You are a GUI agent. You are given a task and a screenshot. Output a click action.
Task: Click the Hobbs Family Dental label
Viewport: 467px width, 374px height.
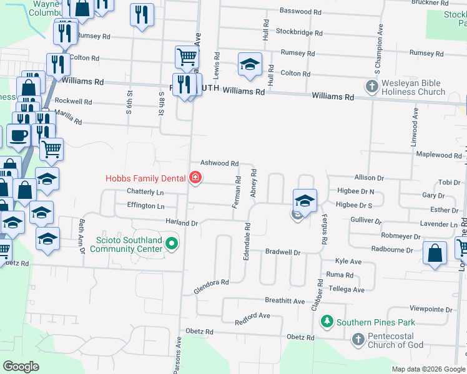[x=145, y=178]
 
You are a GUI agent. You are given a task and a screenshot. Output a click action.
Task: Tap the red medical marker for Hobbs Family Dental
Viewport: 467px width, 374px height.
[x=195, y=178]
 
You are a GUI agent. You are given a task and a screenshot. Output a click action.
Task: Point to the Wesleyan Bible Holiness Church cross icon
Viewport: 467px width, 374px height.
[x=371, y=86]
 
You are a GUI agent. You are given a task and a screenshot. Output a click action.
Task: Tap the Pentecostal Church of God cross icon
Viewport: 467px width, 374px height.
[x=358, y=340]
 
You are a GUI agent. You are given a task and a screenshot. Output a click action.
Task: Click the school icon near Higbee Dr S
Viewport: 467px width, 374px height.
[x=305, y=200]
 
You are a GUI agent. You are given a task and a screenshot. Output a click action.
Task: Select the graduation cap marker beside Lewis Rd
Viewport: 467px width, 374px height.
[x=250, y=64]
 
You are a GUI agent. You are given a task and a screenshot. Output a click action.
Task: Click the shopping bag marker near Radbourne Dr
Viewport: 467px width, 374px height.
[x=435, y=253]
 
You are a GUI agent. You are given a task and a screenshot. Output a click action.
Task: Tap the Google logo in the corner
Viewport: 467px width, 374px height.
[x=21, y=367]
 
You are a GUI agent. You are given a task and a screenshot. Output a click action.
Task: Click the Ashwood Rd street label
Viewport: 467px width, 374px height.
[x=219, y=163]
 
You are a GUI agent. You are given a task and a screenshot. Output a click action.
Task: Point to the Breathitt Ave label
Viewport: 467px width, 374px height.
[x=284, y=301]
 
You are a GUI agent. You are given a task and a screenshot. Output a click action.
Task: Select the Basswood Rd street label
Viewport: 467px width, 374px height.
[x=300, y=11]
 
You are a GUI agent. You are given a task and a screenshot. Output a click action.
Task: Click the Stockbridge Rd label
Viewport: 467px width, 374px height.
[x=299, y=32]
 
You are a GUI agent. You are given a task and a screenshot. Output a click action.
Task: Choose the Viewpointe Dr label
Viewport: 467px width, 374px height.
[x=431, y=309]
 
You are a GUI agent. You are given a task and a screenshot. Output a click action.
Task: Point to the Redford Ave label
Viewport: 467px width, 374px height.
[x=252, y=318]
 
